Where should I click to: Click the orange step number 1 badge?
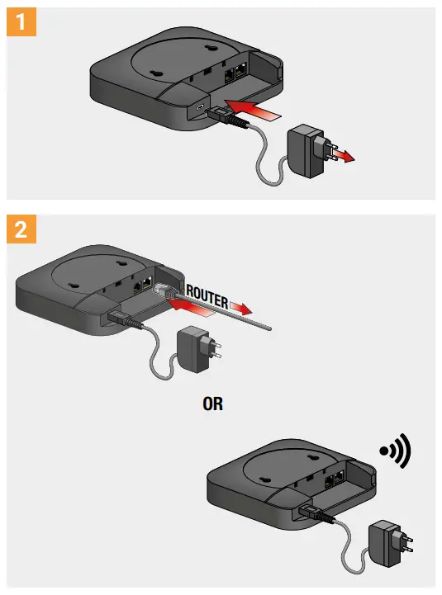pos(21,21)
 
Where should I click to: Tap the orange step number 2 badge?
pos(21,229)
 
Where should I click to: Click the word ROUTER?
pos(207,297)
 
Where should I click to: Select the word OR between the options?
pos(213,404)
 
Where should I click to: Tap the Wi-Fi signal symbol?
pos(396,451)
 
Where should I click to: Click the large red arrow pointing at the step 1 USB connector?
pos(251,110)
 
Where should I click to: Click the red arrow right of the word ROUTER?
pos(240,308)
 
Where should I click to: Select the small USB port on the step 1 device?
pos(200,107)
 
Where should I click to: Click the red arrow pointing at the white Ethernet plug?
pos(189,307)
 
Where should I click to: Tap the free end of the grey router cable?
pos(269,328)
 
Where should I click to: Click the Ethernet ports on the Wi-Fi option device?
pos(334,480)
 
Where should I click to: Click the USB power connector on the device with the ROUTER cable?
pos(125,319)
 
